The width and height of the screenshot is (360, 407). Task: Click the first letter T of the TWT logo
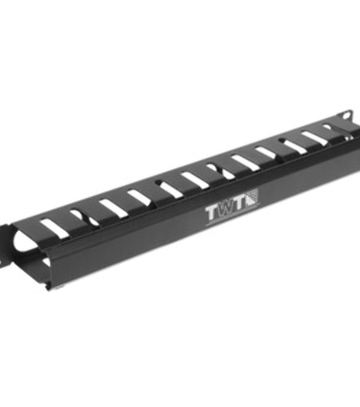(213, 214)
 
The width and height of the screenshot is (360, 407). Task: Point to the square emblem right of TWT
(253, 197)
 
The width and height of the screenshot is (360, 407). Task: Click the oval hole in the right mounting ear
(346, 114)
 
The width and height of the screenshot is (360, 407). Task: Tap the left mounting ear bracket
(5, 244)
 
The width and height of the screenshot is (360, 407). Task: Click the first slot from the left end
(55, 229)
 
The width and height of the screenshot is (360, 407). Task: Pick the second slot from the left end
(83, 218)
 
